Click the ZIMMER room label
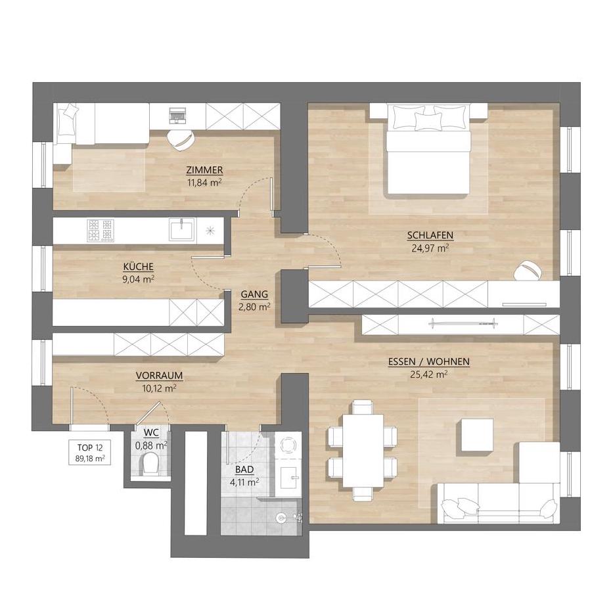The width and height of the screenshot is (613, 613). (204, 170)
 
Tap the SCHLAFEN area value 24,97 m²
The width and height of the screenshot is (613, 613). (430, 248)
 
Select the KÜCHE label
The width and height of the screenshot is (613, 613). (138, 267)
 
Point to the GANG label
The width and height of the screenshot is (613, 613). (254, 294)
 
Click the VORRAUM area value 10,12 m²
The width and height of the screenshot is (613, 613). (159, 388)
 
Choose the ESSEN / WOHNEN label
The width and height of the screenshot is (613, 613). (428, 361)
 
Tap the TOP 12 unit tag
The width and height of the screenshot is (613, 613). (89, 452)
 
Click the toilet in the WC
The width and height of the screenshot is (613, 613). (150, 464)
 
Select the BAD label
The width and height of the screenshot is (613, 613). (244, 469)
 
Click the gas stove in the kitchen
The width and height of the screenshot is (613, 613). (101, 230)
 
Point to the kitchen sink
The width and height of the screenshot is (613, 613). (182, 229)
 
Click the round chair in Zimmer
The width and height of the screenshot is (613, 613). (181, 140)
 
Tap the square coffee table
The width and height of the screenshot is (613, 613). (477, 435)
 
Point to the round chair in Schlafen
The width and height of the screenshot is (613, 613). (528, 271)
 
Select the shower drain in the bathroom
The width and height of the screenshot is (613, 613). (280, 518)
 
